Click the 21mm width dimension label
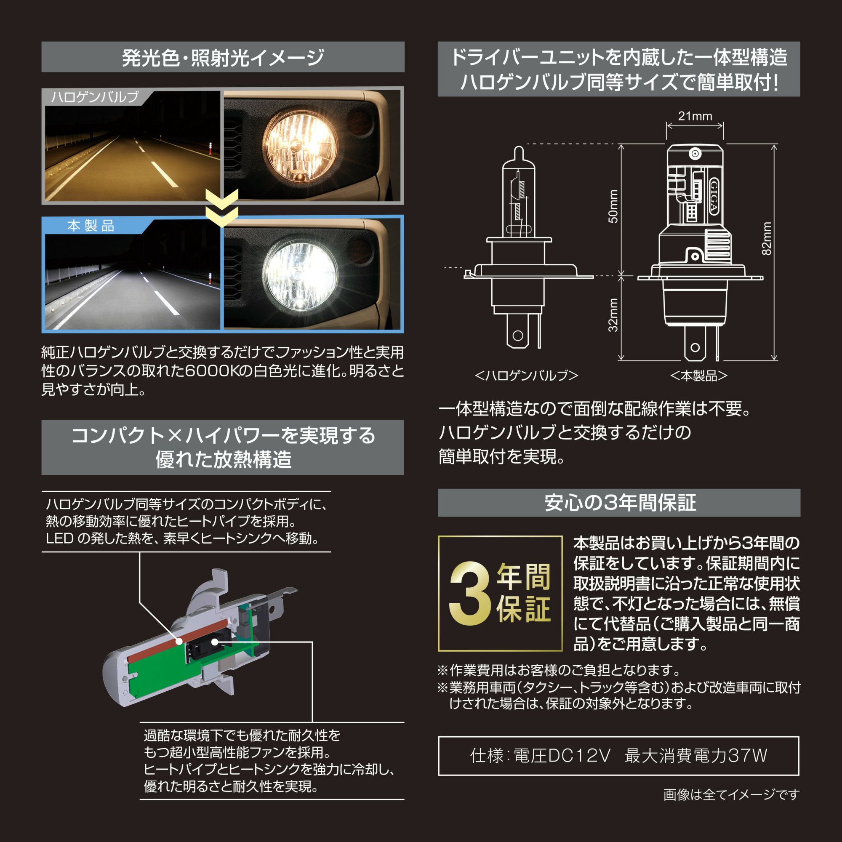click(x=695, y=116)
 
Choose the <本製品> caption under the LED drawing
click(x=698, y=376)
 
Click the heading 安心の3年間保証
click(x=620, y=503)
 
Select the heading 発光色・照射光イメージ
click(x=223, y=58)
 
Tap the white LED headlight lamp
click(x=300, y=274)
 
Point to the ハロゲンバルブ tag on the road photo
click(x=95, y=97)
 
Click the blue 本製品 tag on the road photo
click(x=91, y=226)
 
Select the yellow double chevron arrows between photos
click(x=222, y=208)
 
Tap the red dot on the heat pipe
click(x=179, y=642)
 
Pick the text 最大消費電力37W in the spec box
click(x=695, y=755)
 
